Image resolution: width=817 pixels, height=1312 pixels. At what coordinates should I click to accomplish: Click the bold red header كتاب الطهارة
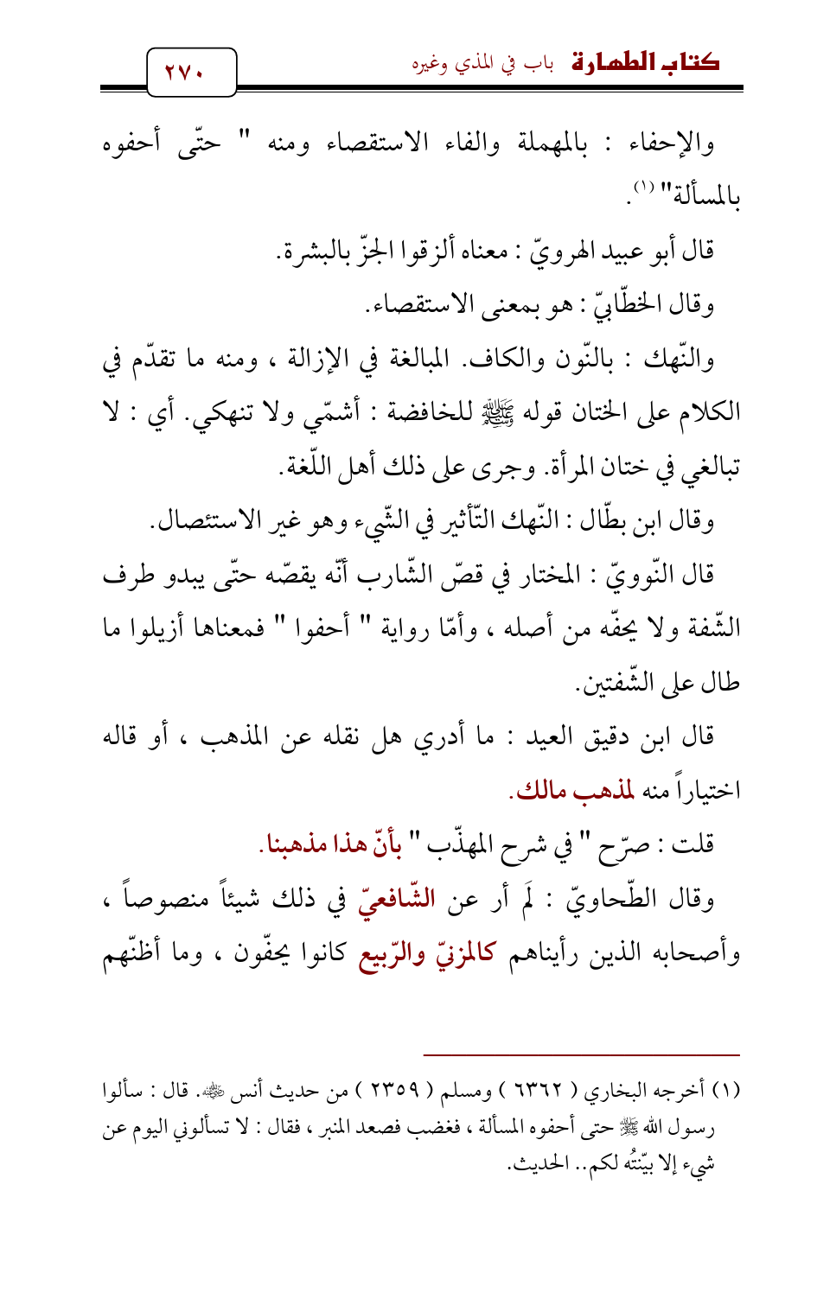(x=645, y=63)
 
